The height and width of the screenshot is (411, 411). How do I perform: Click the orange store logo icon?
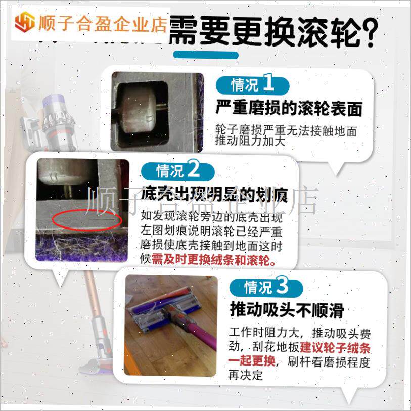pyautogui.click(x=24, y=23)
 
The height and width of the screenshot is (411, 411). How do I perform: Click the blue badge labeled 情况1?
pyautogui.click(x=252, y=84)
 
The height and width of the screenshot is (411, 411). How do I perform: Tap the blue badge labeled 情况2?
pyautogui.click(x=178, y=171)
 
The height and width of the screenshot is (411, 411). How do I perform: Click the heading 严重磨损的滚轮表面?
pyautogui.click(x=289, y=108)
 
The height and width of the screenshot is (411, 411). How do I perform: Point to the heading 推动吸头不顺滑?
pyautogui.click(x=287, y=310)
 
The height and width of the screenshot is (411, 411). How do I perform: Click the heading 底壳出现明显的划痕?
pyautogui.click(x=214, y=194)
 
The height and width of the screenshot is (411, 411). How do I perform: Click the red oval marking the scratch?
pyautogui.click(x=87, y=221)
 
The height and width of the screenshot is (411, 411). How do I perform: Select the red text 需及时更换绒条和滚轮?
pyautogui.click(x=214, y=260)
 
